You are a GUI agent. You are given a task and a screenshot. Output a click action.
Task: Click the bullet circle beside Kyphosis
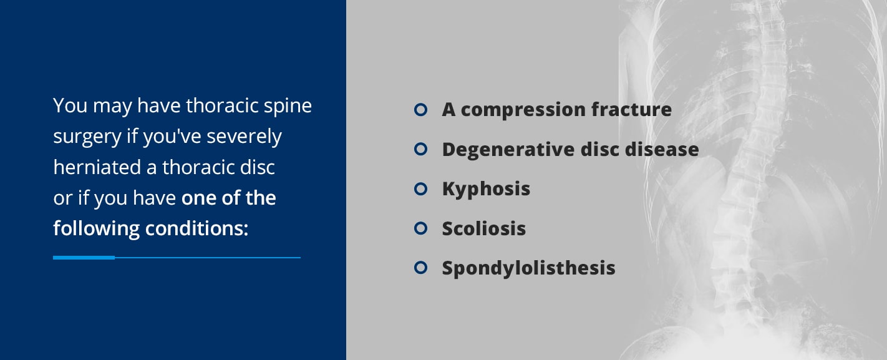[420, 188]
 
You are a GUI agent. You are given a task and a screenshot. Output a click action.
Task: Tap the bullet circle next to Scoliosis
[420, 228]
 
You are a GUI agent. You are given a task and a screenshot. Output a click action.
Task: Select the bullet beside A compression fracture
[420, 110]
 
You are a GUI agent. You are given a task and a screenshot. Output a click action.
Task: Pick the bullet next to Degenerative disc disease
[420, 149]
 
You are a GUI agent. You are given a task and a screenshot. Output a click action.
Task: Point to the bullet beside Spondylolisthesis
[420, 268]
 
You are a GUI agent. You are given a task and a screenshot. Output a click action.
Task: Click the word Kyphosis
[486, 189]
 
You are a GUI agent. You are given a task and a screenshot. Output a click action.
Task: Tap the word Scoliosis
[484, 228]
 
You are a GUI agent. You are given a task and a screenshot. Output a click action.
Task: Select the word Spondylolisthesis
[528, 268]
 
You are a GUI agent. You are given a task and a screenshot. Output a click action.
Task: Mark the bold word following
[96, 228]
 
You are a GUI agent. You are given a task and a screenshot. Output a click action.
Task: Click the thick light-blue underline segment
[84, 257]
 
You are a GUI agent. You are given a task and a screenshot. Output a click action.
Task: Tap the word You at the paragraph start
[70, 105]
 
